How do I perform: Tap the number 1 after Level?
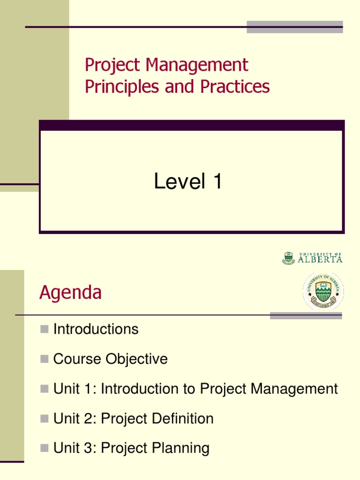[x=217, y=181]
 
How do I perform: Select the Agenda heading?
[x=70, y=292]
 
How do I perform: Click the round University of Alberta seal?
[x=322, y=291]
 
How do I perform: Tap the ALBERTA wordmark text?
[x=320, y=258]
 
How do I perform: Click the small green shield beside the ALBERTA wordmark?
[x=288, y=258]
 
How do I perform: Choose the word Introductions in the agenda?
[x=96, y=329]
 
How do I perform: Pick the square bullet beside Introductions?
[x=45, y=330]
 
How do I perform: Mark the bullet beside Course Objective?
[x=45, y=360]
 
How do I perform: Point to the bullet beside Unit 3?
[x=45, y=449]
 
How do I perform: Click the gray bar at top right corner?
[x=295, y=27]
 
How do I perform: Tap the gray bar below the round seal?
[x=306, y=316]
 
